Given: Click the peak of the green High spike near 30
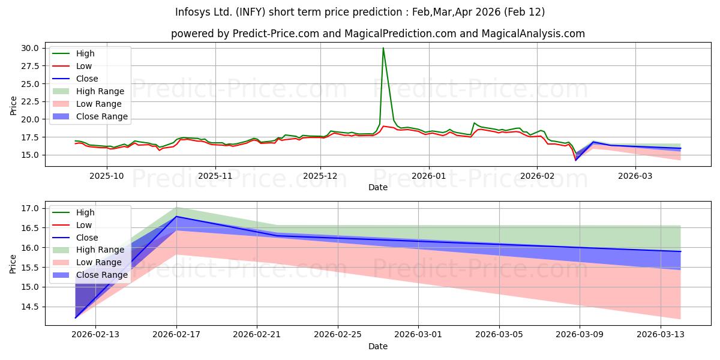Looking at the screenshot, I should [383, 48].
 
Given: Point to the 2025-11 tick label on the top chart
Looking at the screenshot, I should [215, 176].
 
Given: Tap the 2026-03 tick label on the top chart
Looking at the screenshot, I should [635, 176].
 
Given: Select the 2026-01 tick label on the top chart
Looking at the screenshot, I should [428, 176].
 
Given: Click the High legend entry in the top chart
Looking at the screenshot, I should [86, 53].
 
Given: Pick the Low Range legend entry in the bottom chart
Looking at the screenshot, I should [101, 262].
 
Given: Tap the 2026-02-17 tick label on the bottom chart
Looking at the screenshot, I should [176, 335].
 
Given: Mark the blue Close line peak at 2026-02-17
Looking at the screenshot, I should [176, 216].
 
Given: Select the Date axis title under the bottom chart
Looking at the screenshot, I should [378, 346].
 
